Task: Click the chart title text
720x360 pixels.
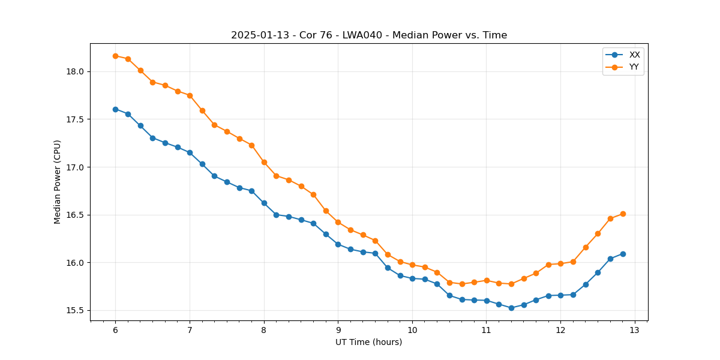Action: pos(369,35)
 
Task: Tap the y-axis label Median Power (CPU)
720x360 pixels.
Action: pos(58,182)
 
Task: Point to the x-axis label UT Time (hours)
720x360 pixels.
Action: pos(368,342)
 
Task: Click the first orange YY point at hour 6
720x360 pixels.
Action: pos(115,56)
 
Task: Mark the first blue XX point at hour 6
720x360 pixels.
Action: pos(115,109)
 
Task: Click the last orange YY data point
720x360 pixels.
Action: pos(623,214)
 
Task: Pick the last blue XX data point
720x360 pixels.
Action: pos(623,254)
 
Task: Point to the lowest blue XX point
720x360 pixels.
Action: pos(511,308)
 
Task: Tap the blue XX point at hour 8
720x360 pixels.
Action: pos(264,203)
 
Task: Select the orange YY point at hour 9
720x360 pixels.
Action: pos(338,222)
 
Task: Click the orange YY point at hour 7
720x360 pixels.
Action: pos(190,95)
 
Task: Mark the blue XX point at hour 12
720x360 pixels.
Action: pos(560,295)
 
